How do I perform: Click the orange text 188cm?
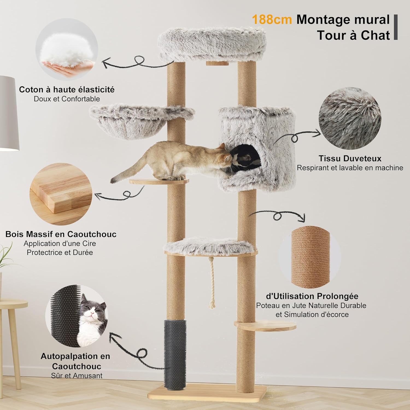tap(272, 20)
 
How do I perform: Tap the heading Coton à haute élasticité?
tap(67, 90)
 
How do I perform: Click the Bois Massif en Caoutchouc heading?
tap(61, 234)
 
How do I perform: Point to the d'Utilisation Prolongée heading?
tap(312, 296)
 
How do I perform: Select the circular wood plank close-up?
tap(61, 194)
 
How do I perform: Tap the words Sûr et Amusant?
tap(77, 376)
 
